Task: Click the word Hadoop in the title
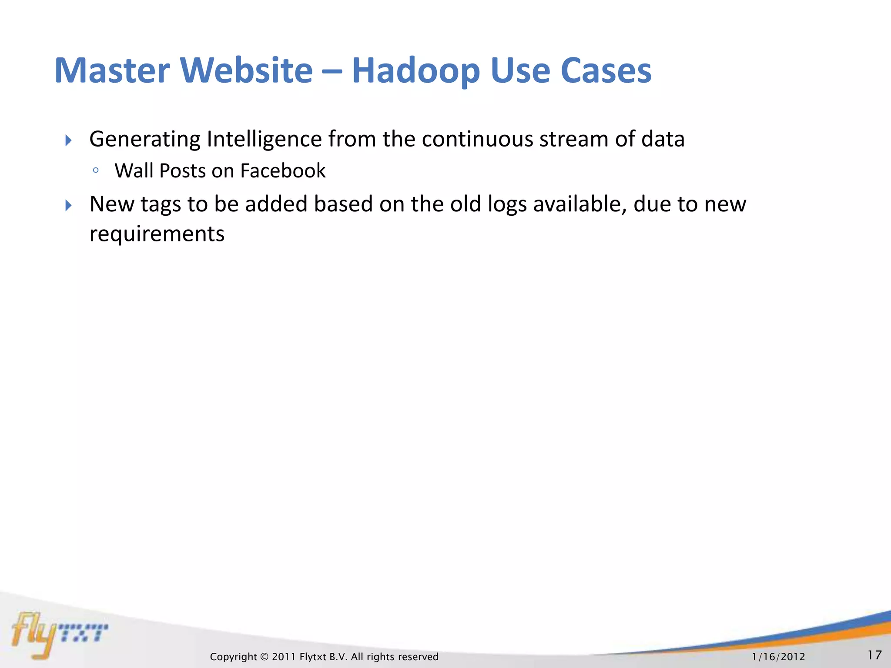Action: [415, 71]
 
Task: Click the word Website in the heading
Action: [246, 71]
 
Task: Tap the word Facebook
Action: [282, 171]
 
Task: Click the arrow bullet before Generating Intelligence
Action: [68, 140]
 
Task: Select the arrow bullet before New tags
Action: [68, 205]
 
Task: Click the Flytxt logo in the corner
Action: [59, 634]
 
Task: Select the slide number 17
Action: [874, 655]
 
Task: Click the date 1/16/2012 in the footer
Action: [778, 657]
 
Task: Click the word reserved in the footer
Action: [418, 657]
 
